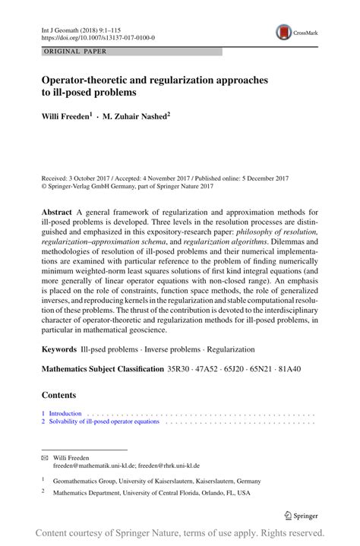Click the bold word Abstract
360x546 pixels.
click(x=57, y=211)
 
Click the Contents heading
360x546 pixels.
click(x=59, y=396)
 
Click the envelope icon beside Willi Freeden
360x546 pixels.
click(x=45, y=458)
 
